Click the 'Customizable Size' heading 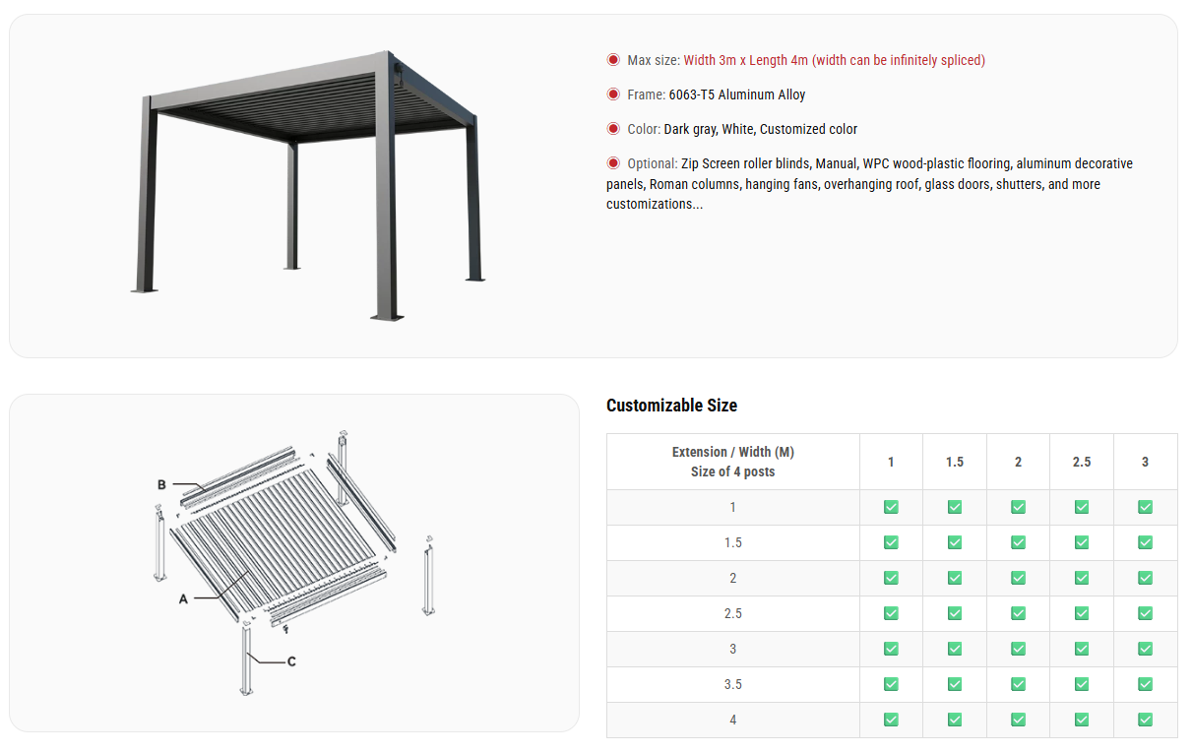coord(671,406)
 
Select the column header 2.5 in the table coord(1082,462)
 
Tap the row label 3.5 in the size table coord(732,684)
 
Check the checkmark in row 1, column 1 coord(891,507)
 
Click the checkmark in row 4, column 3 coord(1145,720)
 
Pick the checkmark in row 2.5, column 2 coord(1018,613)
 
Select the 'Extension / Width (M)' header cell coord(732,452)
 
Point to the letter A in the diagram coord(183,598)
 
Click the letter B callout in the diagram coord(161,484)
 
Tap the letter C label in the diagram coord(291,661)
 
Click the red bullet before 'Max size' coord(613,60)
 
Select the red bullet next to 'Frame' coord(613,94)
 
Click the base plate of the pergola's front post coord(387,316)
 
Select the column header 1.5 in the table coord(955,462)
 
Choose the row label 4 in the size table coord(732,720)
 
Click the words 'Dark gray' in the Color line coord(690,129)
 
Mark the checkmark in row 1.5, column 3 coord(1145,542)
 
